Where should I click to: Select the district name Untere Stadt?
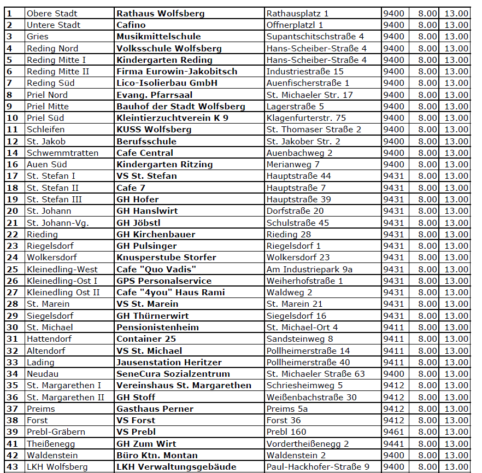(x=54, y=25)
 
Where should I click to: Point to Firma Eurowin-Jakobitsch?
(x=177, y=71)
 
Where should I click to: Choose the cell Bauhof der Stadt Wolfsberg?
(x=180, y=106)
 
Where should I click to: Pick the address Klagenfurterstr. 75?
(x=306, y=118)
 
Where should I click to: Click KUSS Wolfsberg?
(x=154, y=130)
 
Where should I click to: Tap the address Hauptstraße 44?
(x=298, y=176)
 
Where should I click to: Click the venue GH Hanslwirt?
(x=147, y=211)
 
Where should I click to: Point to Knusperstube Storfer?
(x=166, y=257)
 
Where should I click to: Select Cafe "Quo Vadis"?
(x=156, y=269)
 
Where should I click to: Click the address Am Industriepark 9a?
(x=309, y=269)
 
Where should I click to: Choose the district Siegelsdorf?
(x=50, y=316)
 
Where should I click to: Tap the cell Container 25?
(x=146, y=338)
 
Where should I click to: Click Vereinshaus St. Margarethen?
(x=184, y=385)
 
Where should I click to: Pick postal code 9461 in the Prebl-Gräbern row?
(x=393, y=432)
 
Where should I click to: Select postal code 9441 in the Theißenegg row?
(x=393, y=443)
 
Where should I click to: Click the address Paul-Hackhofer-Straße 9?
(x=318, y=466)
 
